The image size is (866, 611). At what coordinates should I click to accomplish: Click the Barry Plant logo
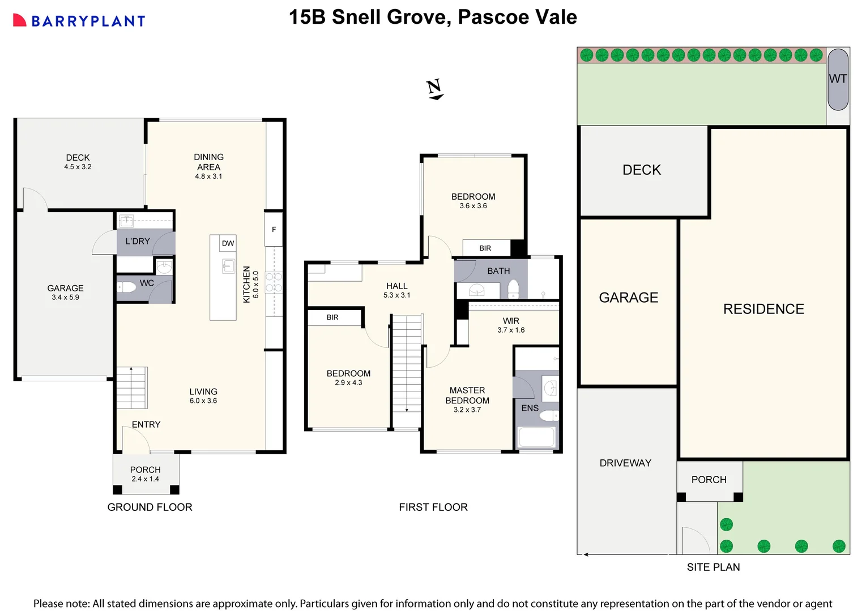(79, 21)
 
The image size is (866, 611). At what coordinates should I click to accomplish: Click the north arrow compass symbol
(434, 89)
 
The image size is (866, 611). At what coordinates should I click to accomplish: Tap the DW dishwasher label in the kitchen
(228, 243)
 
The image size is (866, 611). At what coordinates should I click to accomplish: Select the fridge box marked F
(274, 229)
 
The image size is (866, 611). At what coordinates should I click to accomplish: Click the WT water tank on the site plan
(838, 79)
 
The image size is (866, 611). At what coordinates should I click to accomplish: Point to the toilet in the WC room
(127, 287)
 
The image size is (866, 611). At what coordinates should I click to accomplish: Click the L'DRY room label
(138, 241)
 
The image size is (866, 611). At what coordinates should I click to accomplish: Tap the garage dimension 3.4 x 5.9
(65, 298)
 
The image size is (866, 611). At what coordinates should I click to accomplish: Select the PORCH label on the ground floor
(146, 470)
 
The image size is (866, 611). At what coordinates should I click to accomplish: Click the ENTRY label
(146, 424)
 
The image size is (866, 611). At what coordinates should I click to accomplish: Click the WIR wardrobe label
(511, 321)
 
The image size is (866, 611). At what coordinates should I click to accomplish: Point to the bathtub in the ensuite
(536, 437)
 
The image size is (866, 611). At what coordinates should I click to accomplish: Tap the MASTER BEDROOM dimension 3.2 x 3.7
(467, 410)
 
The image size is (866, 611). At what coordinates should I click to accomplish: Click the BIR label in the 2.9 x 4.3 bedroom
(332, 317)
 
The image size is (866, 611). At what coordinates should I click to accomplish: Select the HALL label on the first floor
(396, 286)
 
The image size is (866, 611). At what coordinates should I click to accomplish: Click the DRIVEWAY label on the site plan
(625, 463)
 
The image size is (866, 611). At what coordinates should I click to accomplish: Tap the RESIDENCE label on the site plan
(763, 309)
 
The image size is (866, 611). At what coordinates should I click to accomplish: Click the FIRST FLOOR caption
(433, 507)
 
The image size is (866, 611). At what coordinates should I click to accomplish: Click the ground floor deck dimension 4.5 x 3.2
(78, 167)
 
